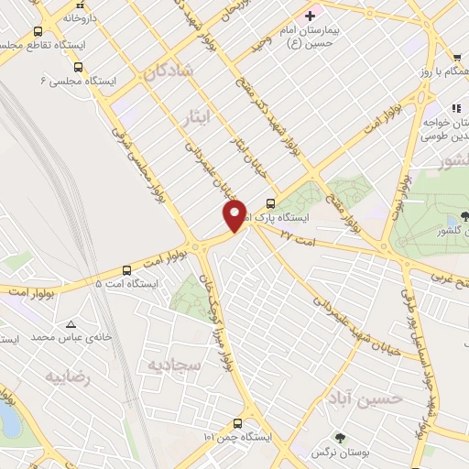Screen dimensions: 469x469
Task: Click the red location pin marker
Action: coord(234,215)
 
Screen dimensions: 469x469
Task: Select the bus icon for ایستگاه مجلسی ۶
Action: coord(78,67)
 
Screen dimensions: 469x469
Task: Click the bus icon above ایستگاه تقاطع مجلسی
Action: coord(38,31)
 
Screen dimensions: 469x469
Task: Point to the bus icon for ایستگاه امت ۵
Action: coord(125,269)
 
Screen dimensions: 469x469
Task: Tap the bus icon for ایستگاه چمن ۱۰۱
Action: coord(237,423)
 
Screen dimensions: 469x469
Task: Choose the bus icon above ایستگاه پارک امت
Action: coord(269,203)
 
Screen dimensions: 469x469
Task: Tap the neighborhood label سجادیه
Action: coord(173,365)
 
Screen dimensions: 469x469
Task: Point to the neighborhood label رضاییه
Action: coord(69,377)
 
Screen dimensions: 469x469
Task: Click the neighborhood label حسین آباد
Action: coord(365,398)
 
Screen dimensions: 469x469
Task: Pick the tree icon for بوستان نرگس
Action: coord(340,439)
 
